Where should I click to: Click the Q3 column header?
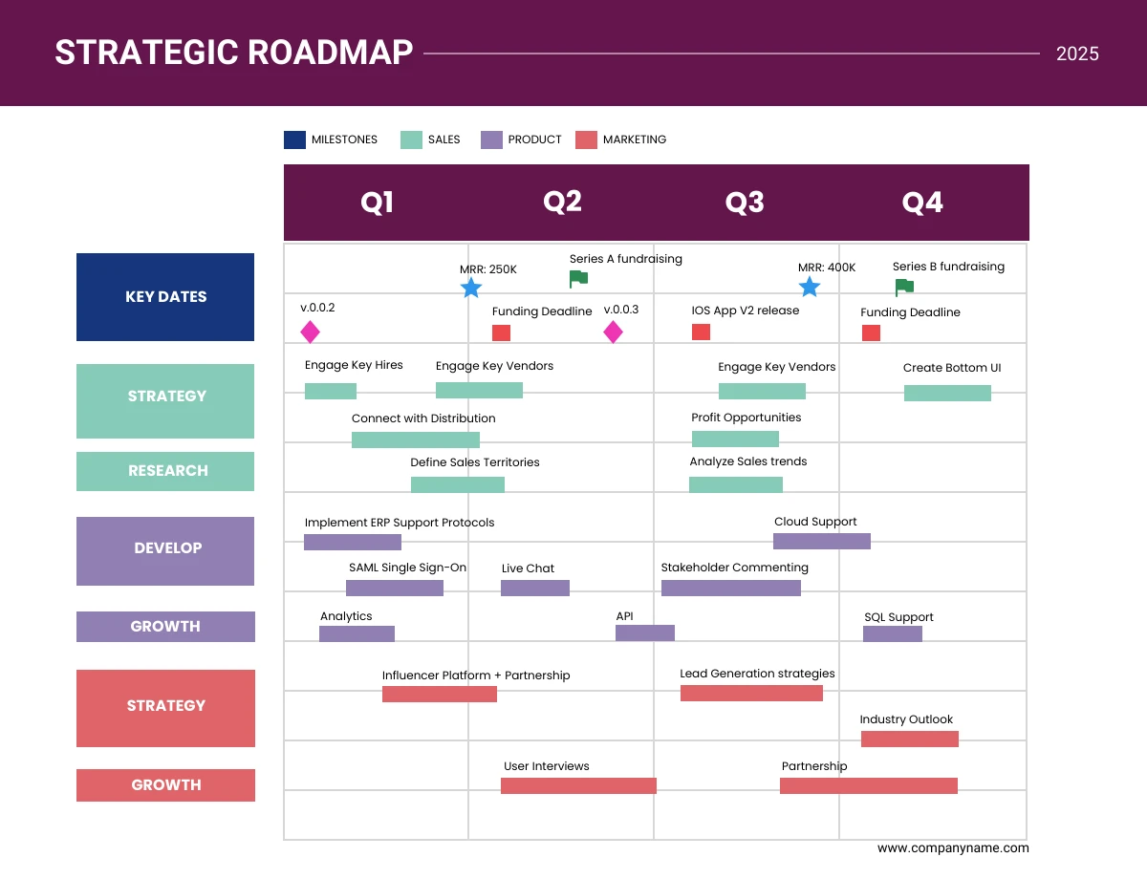tap(745, 203)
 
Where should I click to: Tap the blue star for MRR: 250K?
tap(471, 288)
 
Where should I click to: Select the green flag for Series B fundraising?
tap(903, 288)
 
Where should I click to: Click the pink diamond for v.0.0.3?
tap(613, 332)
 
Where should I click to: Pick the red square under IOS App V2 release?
tap(701, 332)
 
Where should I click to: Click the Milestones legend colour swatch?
tap(294, 139)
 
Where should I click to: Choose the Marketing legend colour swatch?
tap(586, 139)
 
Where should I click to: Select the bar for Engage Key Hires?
tap(331, 391)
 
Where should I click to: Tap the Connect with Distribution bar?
tap(416, 439)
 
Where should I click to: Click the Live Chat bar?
tap(535, 588)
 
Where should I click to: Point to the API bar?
tap(645, 632)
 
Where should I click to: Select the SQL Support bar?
tap(893, 633)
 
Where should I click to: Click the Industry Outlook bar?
tap(910, 739)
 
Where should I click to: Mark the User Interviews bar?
tap(578, 785)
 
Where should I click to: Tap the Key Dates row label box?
tap(165, 297)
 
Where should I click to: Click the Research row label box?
tap(165, 471)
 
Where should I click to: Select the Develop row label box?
tap(165, 550)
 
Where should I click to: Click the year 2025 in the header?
tap(1077, 54)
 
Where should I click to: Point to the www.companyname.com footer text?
tap(953, 847)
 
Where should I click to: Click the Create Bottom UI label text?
tap(952, 368)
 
